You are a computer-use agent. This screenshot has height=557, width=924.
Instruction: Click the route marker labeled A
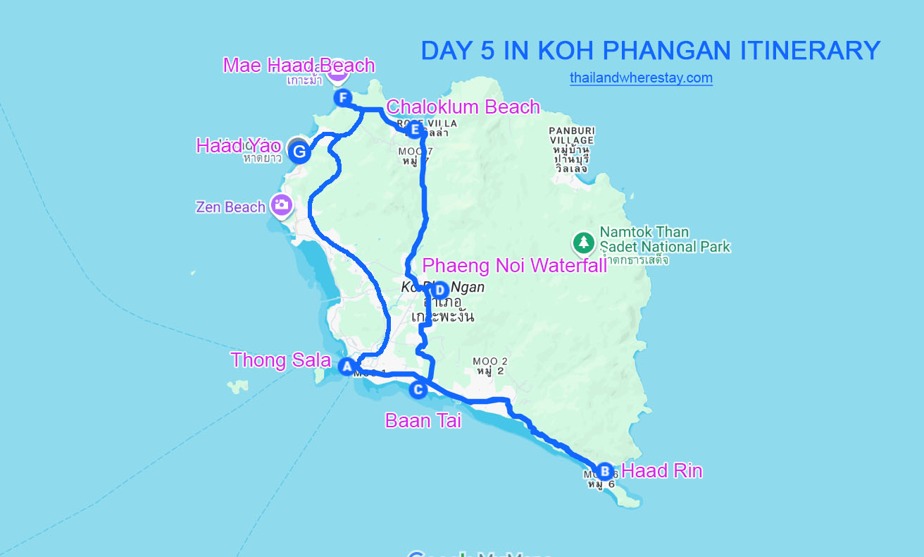[x=346, y=367]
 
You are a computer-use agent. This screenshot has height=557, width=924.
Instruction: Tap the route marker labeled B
[x=604, y=471]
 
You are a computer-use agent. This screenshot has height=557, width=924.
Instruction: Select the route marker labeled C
[x=418, y=389]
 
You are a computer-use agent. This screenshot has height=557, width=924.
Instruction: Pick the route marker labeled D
[x=439, y=290]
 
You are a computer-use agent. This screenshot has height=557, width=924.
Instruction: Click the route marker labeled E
[x=414, y=130]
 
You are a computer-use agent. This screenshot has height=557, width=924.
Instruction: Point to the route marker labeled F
[x=343, y=98]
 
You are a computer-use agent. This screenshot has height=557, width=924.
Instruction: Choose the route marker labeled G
[x=299, y=152]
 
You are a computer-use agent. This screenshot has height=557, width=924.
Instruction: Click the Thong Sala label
[x=280, y=360]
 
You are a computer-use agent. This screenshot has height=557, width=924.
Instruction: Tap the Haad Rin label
[x=661, y=471]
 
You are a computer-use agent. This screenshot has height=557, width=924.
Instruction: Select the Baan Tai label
[x=423, y=421]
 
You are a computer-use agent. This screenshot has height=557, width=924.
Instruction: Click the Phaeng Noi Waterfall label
[x=514, y=266]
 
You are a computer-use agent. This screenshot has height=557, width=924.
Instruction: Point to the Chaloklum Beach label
[x=463, y=107]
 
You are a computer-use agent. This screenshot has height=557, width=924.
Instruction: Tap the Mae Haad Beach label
[x=299, y=66]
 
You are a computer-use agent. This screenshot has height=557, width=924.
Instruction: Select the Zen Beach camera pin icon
[x=282, y=205]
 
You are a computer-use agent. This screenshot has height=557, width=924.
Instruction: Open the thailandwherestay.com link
[x=641, y=78]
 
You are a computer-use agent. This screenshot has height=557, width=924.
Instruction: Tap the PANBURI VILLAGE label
[x=571, y=135]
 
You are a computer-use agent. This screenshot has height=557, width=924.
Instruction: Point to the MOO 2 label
[x=492, y=362]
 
